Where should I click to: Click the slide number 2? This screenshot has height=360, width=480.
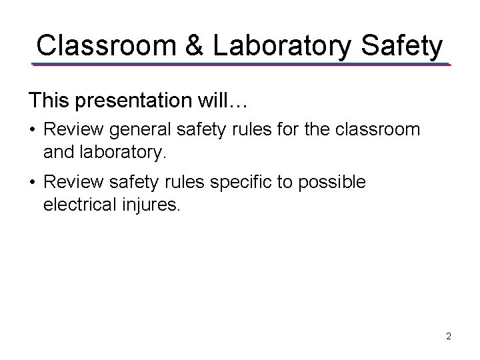tap(449, 337)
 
